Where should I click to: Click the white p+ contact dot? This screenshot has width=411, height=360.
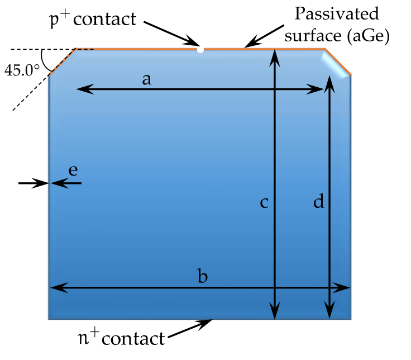(200, 50)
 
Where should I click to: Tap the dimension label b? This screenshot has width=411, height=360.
(203, 276)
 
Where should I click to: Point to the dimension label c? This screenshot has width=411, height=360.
(265, 202)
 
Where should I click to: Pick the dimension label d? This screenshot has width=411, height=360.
(318, 202)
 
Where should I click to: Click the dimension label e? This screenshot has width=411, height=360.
(73, 170)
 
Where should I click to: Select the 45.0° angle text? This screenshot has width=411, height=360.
(22, 70)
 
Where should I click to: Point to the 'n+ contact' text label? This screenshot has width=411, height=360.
(121, 338)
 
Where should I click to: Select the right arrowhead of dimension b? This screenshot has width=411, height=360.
(345, 288)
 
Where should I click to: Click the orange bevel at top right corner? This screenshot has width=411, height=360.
(338, 61)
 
